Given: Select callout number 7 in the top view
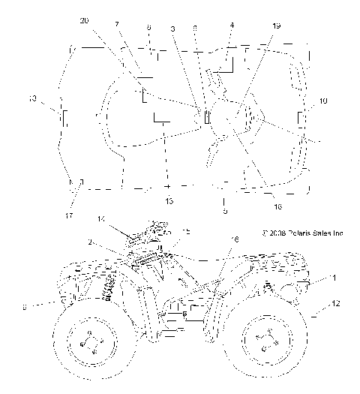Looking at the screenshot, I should [117, 26].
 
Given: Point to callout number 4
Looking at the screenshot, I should [231, 26].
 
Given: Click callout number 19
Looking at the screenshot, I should [277, 26].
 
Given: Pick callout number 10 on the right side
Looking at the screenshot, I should [322, 100].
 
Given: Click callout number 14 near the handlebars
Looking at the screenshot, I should [100, 218].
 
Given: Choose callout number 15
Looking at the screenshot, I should [186, 232].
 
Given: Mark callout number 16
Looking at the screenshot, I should [235, 238].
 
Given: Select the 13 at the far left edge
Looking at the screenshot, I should [31, 98].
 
